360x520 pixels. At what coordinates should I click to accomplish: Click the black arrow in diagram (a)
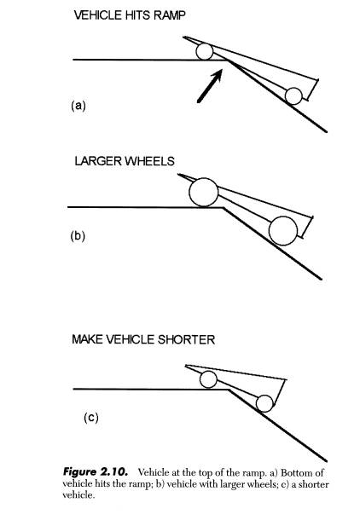(x=210, y=85)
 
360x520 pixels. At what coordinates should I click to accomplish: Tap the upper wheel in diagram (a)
(x=205, y=51)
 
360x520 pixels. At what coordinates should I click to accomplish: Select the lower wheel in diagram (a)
(x=293, y=96)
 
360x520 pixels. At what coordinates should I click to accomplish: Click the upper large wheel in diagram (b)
(x=204, y=193)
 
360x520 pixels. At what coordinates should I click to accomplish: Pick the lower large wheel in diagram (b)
(x=283, y=231)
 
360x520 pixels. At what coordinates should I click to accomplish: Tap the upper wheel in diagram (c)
(x=208, y=379)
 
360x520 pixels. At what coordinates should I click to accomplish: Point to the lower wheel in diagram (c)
(x=264, y=403)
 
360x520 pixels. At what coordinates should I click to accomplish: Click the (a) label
(x=78, y=106)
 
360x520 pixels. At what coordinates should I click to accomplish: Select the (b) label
(x=78, y=236)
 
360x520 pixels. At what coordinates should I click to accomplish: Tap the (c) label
(x=91, y=418)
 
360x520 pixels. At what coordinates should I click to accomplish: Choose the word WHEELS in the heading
(x=149, y=161)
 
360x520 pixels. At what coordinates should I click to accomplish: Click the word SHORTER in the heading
(x=187, y=339)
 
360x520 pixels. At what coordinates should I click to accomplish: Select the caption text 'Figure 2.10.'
(x=96, y=472)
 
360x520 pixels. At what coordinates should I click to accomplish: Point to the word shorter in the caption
(x=314, y=484)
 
